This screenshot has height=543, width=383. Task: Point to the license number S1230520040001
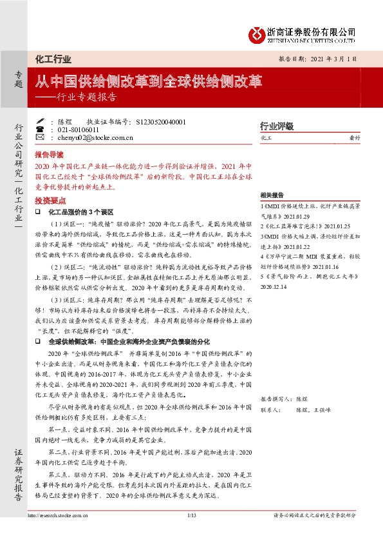coord(162,121)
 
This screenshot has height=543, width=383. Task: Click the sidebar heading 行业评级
coord(276,125)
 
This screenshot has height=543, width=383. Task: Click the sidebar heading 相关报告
coord(272,195)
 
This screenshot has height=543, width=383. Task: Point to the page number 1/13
coord(191,515)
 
